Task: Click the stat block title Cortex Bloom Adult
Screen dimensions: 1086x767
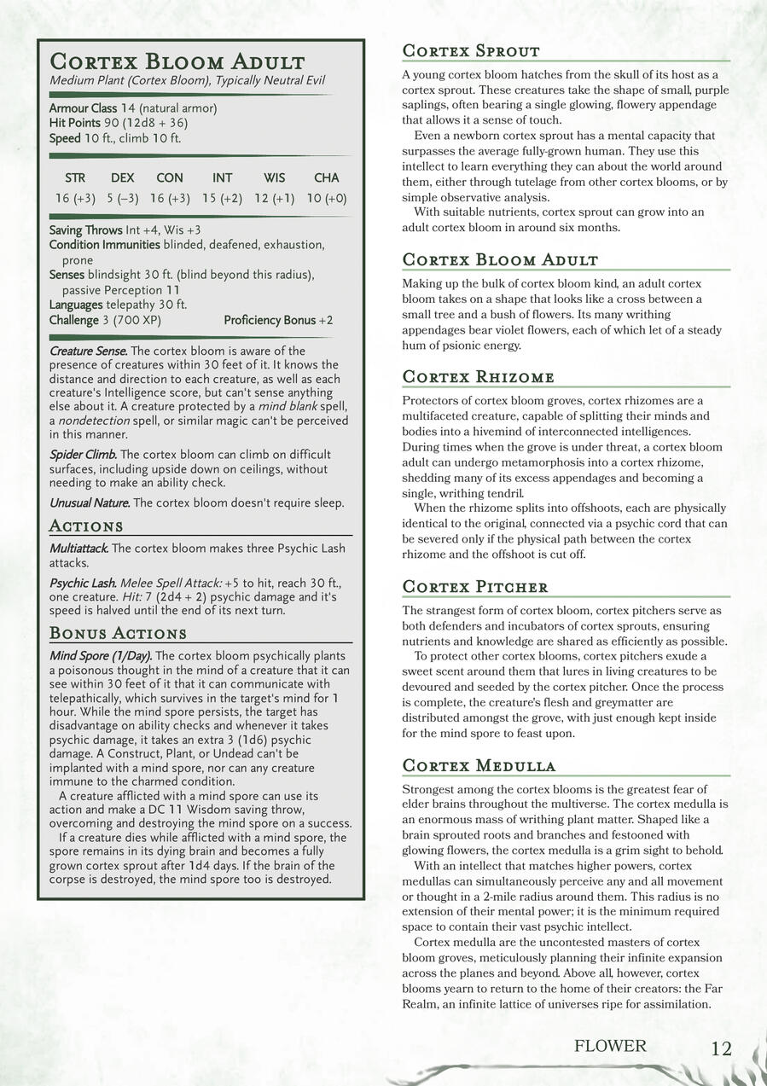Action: (x=177, y=62)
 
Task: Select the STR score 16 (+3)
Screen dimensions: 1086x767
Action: (x=75, y=199)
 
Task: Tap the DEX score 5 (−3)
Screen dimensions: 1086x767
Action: (x=123, y=199)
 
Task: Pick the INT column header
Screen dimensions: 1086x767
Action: (x=222, y=178)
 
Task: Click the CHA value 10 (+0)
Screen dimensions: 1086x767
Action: (x=327, y=199)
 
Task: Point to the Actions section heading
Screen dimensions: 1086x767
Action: (x=86, y=526)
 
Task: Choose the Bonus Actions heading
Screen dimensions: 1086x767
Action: (x=118, y=633)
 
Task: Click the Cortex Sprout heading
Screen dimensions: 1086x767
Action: (x=470, y=51)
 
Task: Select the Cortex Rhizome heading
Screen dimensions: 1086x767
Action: (x=478, y=377)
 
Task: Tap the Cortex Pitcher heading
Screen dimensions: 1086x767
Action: (x=474, y=587)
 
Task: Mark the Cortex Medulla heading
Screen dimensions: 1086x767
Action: (x=479, y=765)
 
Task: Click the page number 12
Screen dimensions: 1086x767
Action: (x=721, y=1048)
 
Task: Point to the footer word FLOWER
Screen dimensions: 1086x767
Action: (x=610, y=1046)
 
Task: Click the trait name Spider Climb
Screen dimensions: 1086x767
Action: (x=83, y=455)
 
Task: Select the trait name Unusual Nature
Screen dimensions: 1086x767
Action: (x=89, y=503)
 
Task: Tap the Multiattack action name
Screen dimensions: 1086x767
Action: (x=78, y=549)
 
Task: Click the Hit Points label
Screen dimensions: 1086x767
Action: (x=75, y=123)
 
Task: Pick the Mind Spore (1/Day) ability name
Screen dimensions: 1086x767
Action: (x=101, y=656)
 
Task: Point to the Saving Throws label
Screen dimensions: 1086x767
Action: (x=85, y=230)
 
